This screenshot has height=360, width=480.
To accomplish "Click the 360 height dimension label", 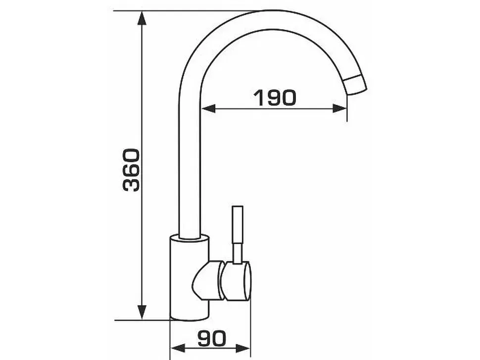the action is pos(131,170).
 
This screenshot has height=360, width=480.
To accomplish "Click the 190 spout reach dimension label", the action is pos(275,97).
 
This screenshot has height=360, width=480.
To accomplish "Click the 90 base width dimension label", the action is pos(212,338).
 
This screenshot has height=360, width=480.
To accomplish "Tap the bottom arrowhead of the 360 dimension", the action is pos(142,313).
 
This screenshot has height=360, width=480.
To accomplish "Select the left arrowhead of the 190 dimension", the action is pos(209,108).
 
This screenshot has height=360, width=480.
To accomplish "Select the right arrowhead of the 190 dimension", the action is pos(340,108).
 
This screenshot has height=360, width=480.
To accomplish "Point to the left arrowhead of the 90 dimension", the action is pos(178,348).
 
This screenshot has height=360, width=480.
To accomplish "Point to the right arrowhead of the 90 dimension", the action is pos(243,348).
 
